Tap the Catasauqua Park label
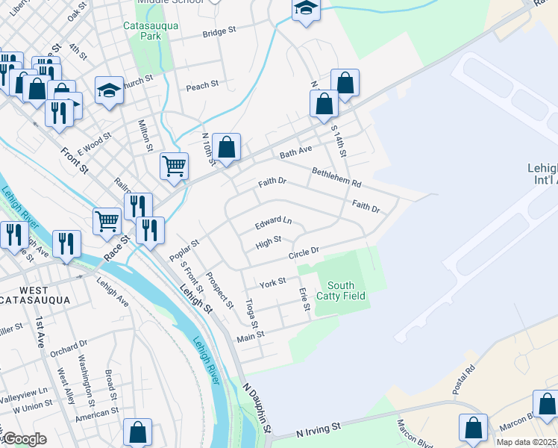click(x=142, y=30)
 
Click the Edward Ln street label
click(x=273, y=222)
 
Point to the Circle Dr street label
click(x=304, y=254)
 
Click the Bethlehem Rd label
click(x=336, y=177)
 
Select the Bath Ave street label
click(x=295, y=152)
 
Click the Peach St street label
click(x=202, y=87)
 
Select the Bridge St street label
click(x=219, y=32)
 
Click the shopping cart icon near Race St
click(x=107, y=220)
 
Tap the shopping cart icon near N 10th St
click(x=174, y=166)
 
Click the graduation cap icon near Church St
click(x=109, y=90)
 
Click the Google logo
click(x=25, y=439)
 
